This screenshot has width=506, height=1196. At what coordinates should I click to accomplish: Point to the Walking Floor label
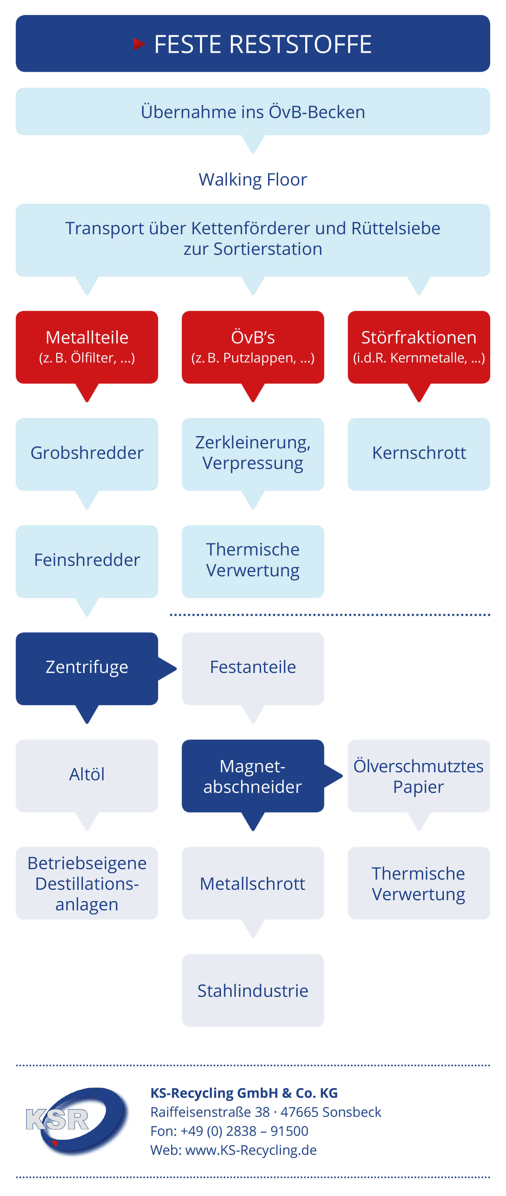click(253, 179)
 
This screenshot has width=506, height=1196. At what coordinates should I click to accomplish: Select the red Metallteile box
click(87, 347)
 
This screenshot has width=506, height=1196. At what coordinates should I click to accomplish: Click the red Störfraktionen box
click(419, 347)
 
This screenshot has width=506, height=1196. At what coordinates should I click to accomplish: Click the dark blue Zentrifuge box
click(87, 669)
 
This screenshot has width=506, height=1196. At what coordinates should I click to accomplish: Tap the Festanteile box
click(253, 669)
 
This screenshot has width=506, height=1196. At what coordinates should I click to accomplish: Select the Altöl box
click(87, 776)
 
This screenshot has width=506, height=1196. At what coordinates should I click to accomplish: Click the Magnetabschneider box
click(253, 776)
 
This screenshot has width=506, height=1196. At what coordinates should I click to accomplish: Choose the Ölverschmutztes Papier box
click(419, 776)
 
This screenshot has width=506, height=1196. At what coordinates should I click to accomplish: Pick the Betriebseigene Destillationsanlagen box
click(87, 883)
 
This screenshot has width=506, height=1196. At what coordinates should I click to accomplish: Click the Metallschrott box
click(253, 883)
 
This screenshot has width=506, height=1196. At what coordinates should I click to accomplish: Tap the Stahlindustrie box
click(253, 990)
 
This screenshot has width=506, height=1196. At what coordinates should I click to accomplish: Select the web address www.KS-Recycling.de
click(251, 1150)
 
